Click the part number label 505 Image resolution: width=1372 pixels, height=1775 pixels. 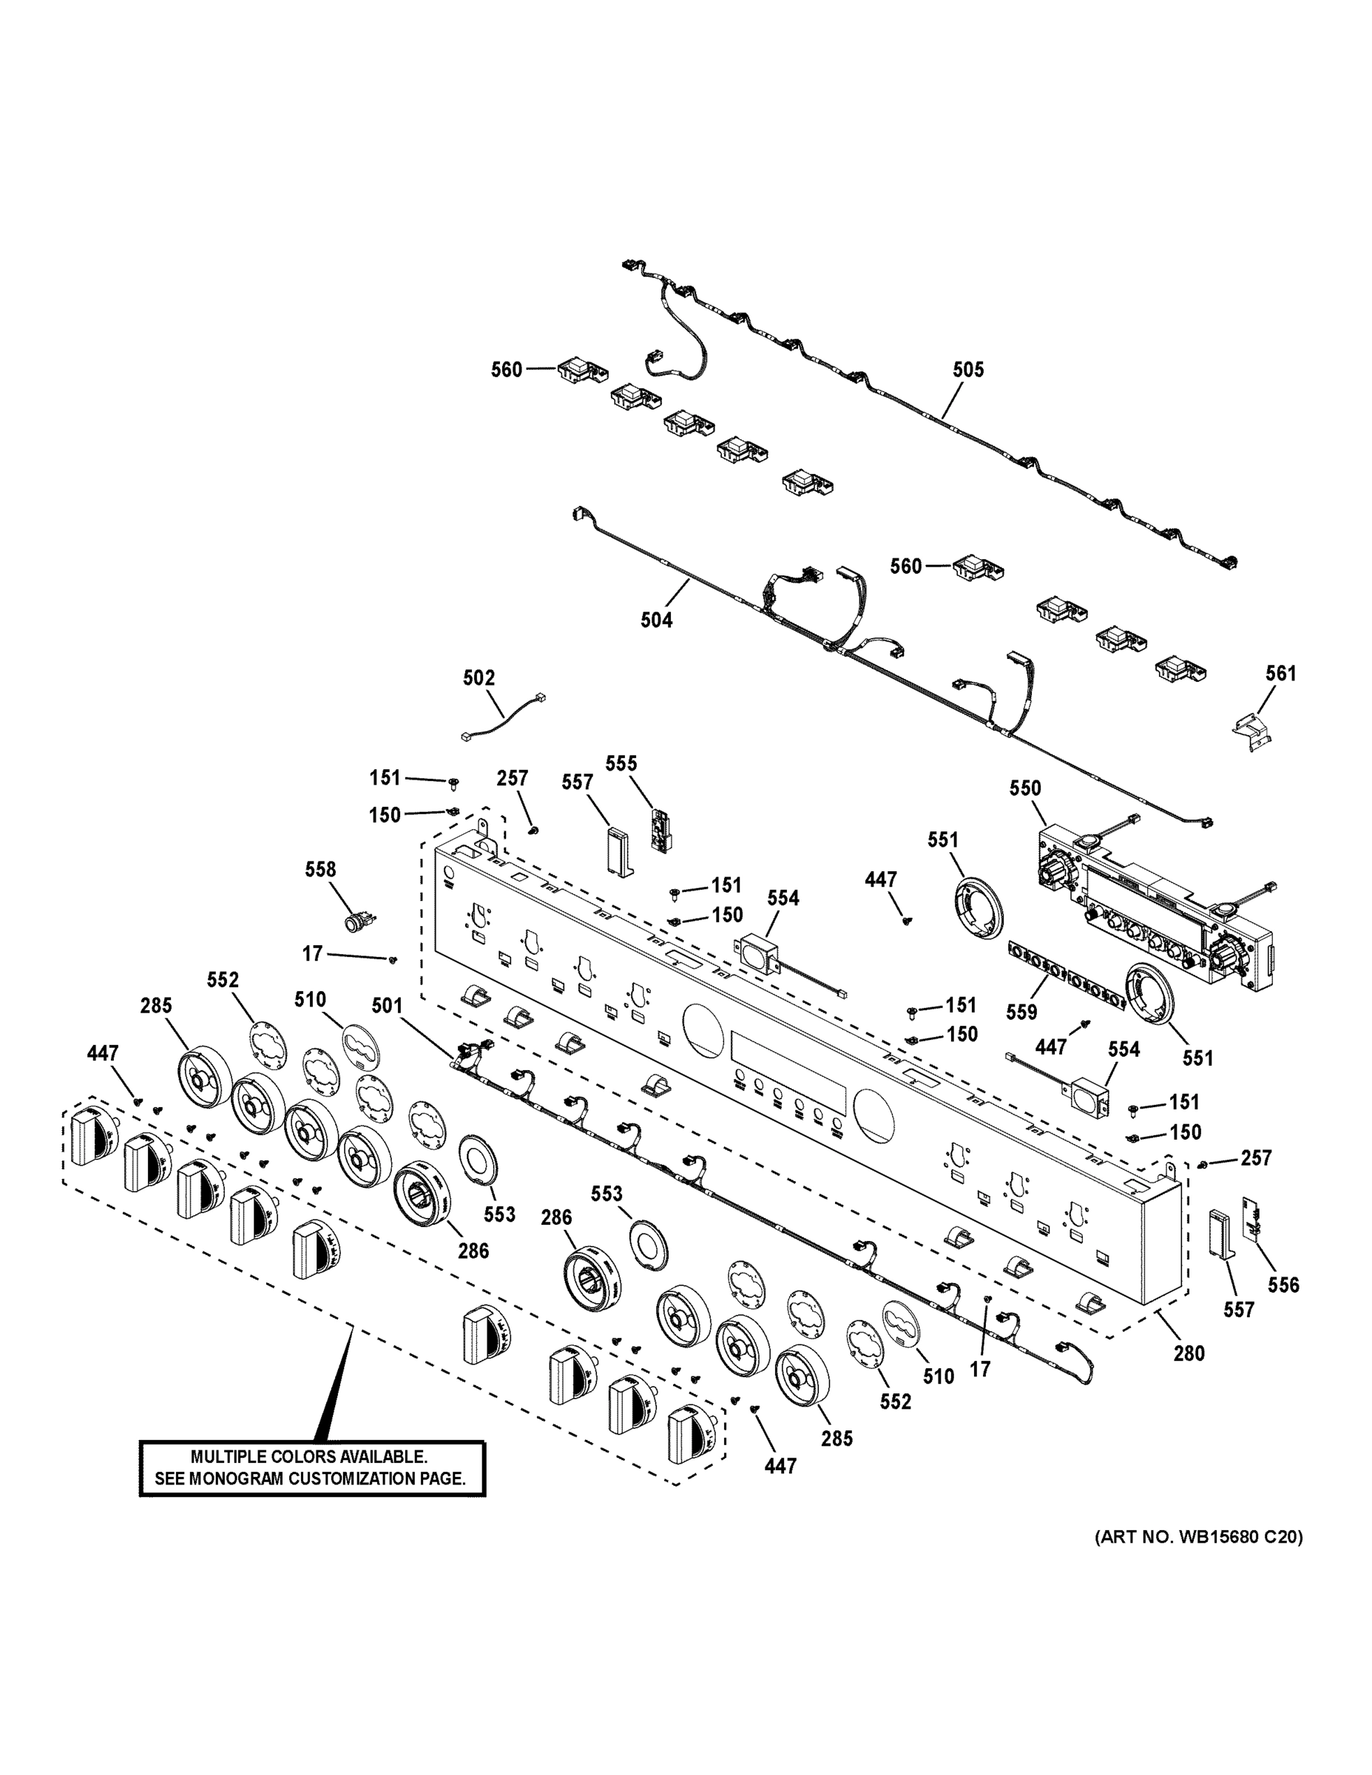click(x=968, y=370)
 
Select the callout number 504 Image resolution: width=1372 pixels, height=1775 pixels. click(x=656, y=620)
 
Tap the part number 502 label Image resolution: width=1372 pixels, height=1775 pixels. click(x=479, y=677)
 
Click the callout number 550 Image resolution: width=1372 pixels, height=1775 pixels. click(x=1025, y=788)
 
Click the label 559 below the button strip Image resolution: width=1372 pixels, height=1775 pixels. click(x=1021, y=1012)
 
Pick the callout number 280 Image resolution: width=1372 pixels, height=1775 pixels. click(x=1189, y=1353)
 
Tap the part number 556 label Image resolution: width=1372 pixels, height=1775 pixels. click(x=1283, y=1285)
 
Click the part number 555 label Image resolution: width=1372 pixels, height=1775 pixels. click(x=621, y=763)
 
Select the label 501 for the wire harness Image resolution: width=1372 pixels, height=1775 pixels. click(x=387, y=1006)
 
